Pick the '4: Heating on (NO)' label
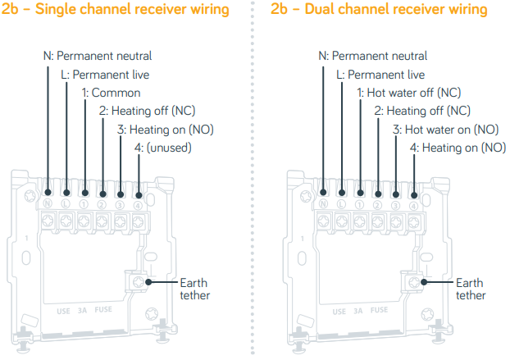458,148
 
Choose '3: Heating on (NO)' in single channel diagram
163,129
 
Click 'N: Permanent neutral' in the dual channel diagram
373,57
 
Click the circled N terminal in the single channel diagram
48,203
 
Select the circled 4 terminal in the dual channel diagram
413,203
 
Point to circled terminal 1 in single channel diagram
84,203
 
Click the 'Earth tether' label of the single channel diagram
194,289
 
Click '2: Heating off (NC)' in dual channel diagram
421,111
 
